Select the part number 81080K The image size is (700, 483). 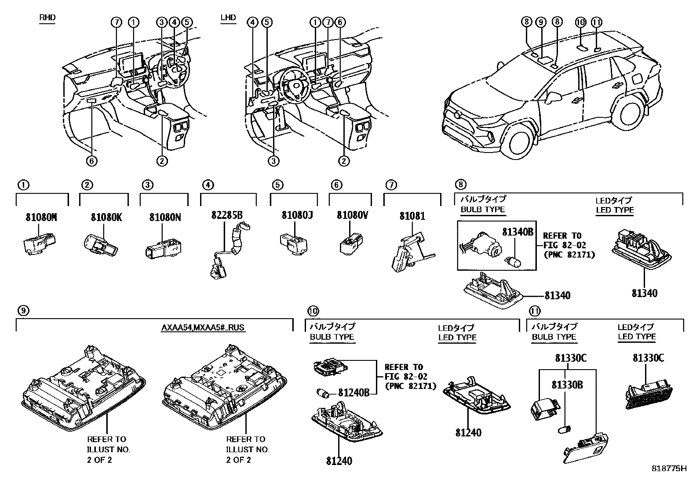pyautogui.click(x=106, y=217)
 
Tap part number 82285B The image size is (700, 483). pyautogui.click(x=227, y=215)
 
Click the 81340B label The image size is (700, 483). pyautogui.click(x=518, y=232)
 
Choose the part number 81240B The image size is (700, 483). pyautogui.click(x=354, y=392)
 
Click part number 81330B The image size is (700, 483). pyautogui.click(x=567, y=385)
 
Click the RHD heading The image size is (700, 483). pyautogui.click(x=47, y=18)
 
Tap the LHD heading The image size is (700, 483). pyautogui.click(x=228, y=18)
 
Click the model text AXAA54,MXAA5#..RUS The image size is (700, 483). pyautogui.click(x=203, y=327)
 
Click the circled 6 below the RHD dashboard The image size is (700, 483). pyautogui.click(x=91, y=161)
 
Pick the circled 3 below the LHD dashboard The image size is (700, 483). pyautogui.click(x=274, y=161)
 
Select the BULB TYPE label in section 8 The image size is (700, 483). pyautogui.click(x=482, y=210)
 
